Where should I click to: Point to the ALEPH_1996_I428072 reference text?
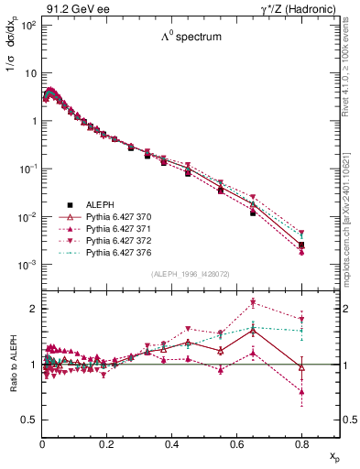coord(190,275)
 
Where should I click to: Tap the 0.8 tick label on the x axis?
coord(302,443)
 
